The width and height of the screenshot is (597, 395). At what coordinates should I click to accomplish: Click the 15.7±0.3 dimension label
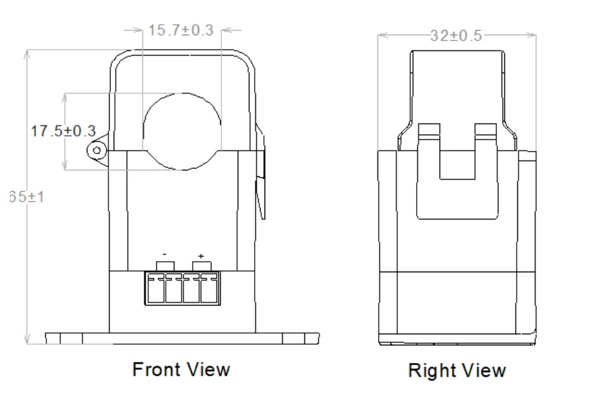coord(181,31)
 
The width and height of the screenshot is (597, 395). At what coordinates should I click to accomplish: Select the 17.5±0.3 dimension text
coord(63,131)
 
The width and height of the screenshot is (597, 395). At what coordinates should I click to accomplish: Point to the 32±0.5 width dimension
coord(457,36)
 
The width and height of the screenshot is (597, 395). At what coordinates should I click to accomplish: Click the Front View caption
coord(181,370)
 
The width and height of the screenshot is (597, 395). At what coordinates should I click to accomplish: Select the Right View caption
coord(457,371)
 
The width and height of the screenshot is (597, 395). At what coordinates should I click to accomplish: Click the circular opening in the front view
coord(182,131)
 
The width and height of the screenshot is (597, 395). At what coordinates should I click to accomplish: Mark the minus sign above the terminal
coord(165,254)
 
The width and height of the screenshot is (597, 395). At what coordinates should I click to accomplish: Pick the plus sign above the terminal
coord(201,255)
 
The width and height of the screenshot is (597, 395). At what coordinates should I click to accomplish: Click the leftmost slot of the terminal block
coord(155,289)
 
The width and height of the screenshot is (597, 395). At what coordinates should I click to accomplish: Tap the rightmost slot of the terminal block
coord(209,289)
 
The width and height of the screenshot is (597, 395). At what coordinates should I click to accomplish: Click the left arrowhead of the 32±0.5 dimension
coord(380,36)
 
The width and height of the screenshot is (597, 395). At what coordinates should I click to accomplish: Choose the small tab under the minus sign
coord(164,265)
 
